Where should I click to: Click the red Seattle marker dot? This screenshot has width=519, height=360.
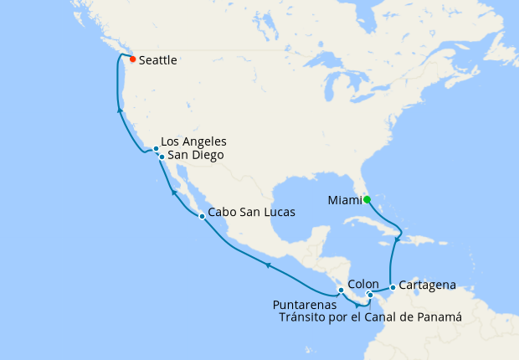133,59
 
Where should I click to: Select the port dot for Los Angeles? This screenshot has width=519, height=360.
157,149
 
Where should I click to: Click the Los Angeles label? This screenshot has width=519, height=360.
193,141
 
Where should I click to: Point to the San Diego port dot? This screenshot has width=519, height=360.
161,156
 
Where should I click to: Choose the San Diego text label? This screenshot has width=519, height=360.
195,155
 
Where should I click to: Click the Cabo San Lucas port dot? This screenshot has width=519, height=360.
202,217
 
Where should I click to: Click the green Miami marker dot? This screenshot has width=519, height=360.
367,198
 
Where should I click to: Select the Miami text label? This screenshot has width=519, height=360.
343,199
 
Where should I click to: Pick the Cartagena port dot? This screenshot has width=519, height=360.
392,286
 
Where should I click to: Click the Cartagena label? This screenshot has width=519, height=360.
427,285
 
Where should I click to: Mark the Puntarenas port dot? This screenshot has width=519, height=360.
341,290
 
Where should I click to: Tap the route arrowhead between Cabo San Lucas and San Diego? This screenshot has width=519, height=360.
174,192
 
